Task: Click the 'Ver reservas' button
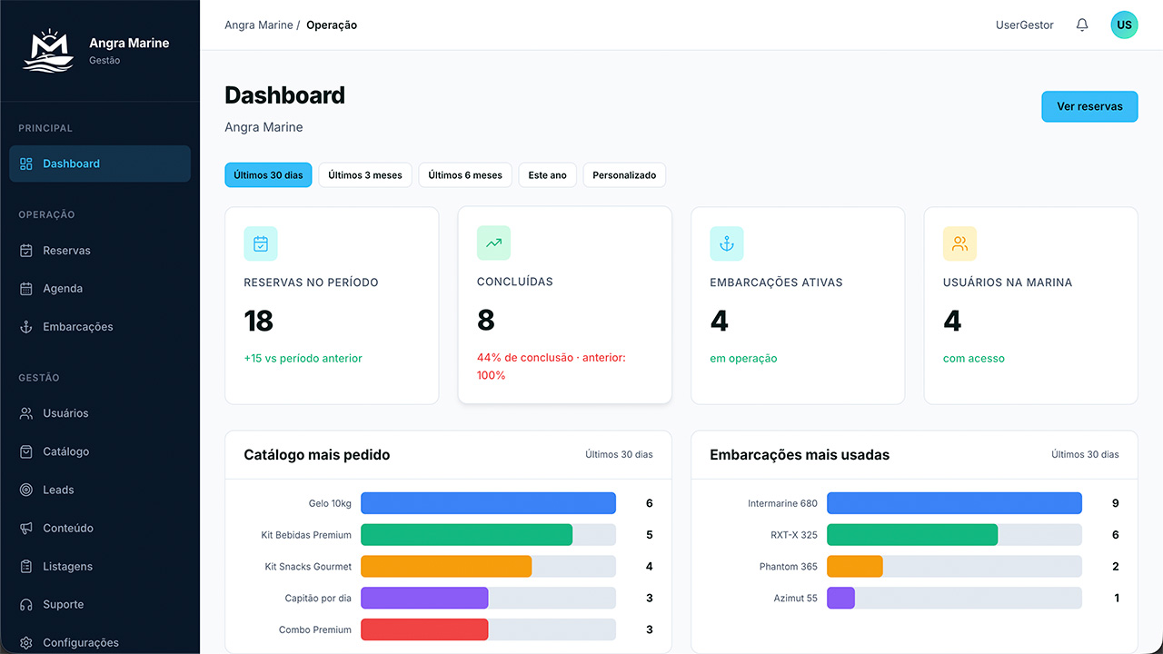(1089, 106)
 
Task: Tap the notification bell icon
(1082, 25)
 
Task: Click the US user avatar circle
(1124, 25)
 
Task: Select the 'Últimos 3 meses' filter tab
(365, 175)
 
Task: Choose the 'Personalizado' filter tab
(624, 175)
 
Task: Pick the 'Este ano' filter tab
(547, 175)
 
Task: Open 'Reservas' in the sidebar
(66, 250)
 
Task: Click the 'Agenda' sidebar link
(63, 288)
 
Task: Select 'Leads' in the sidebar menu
(58, 490)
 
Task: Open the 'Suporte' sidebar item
(63, 604)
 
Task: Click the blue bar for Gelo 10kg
(488, 503)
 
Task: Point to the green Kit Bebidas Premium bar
(467, 535)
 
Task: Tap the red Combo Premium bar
(424, 629)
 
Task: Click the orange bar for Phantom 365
(855, 566)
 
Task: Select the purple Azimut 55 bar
(840, 598)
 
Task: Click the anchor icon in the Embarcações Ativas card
(726, 243)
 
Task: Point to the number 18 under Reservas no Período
(258, 321)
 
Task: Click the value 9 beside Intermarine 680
(1115, 503)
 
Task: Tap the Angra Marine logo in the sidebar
(48, 51)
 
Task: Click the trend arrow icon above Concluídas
(493, 243)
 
